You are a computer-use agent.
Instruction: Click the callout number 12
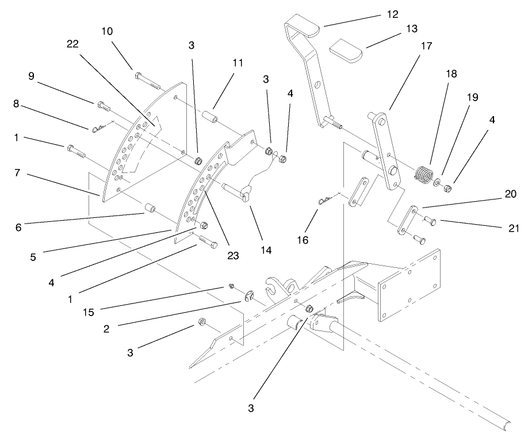pyautogui.click(x=393, y=13)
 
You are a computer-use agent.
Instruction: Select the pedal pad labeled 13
pyautogui.click(x=345, y=51)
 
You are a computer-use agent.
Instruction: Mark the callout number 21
pyautogui.click(x=514, y=228)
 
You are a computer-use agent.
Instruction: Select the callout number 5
pyautogui.click(x=33, y=258)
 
